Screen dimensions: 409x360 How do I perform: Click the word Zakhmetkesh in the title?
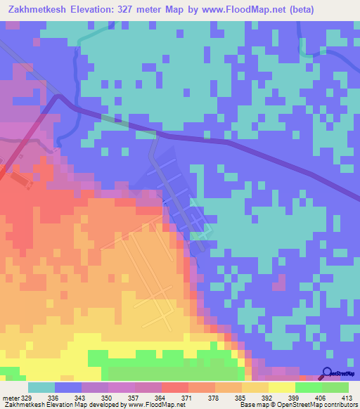[40, 9]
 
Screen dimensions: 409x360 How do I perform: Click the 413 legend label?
[347, 398]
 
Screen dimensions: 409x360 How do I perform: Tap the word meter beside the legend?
[9, 398]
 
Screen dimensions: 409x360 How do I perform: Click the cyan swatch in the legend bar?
[41, 387]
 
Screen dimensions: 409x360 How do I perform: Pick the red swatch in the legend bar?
[175, 387]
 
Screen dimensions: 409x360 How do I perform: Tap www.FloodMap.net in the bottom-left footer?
[150, 405]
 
